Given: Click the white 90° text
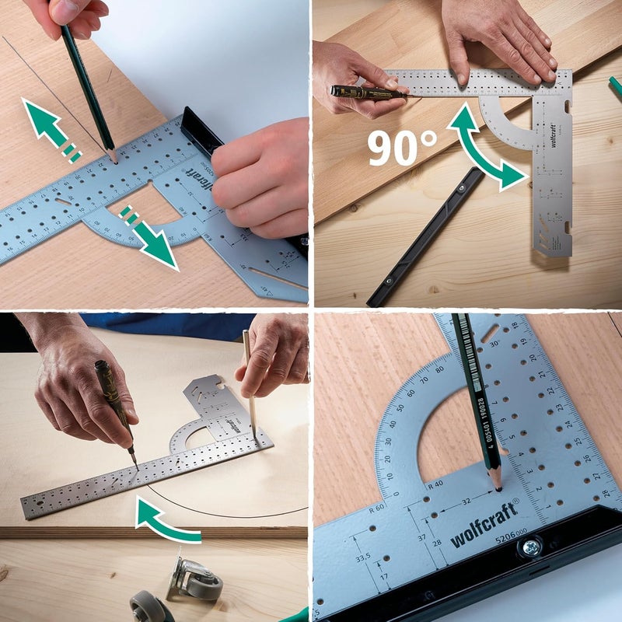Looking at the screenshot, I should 402,147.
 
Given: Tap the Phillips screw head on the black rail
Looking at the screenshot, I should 531,548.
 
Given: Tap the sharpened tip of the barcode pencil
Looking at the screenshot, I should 496,486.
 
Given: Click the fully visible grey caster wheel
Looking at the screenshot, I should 194,579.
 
